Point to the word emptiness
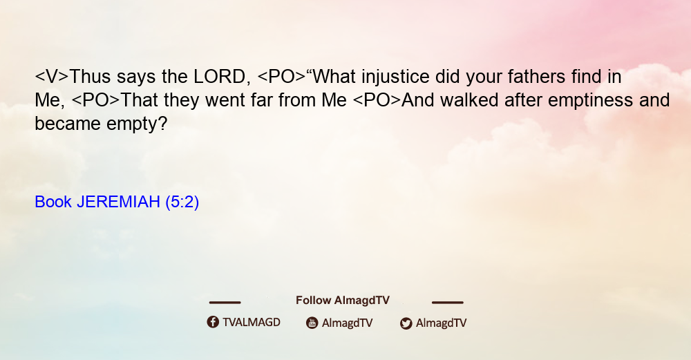pyautogui.click(x=590, y=101)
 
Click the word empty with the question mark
pyautogui.click(x=137, y=124)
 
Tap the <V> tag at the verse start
pyautogui.click(x=52, y=77)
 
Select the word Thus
pyautogui.click(x=90, y=77)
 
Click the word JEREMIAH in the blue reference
pyautogui.click(x=118, y=202)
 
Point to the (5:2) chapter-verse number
pyautogui.click(x=182, y=202)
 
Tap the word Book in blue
pyautogui.click(x=53, y=202)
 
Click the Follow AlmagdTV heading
pyautogui.click(x=343, y=301)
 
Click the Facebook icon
pyautogui.click(x=213, y=322)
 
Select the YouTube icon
pyautogui.click(x=312, y=323)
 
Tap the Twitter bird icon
pyautogui.click(x=406, y=323)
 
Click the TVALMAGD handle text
pyautogui.click(x=252, y=323)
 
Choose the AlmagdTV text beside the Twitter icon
pyautogui.click(x=441, y=323)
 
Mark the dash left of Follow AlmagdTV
pyautogui.click(x=225, y=303)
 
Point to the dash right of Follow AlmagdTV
pyautogui.click(x=448, y=303)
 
